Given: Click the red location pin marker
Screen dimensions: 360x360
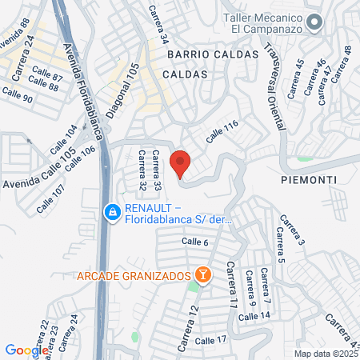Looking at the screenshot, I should [x=180, y=163].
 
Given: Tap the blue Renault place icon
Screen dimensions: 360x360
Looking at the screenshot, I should [x=112, y=212].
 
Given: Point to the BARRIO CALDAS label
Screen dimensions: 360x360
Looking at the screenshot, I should [x=213, y=54].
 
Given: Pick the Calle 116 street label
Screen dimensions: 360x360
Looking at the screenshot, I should [x=222, y=131].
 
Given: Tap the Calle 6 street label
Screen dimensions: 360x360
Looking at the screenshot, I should [x=194, y=242].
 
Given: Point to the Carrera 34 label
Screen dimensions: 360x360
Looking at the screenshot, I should [x=158, y=23].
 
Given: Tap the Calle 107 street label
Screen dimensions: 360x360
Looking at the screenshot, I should [x=51, y=199].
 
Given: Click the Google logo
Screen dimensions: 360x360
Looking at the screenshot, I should [x=26, y=350].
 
